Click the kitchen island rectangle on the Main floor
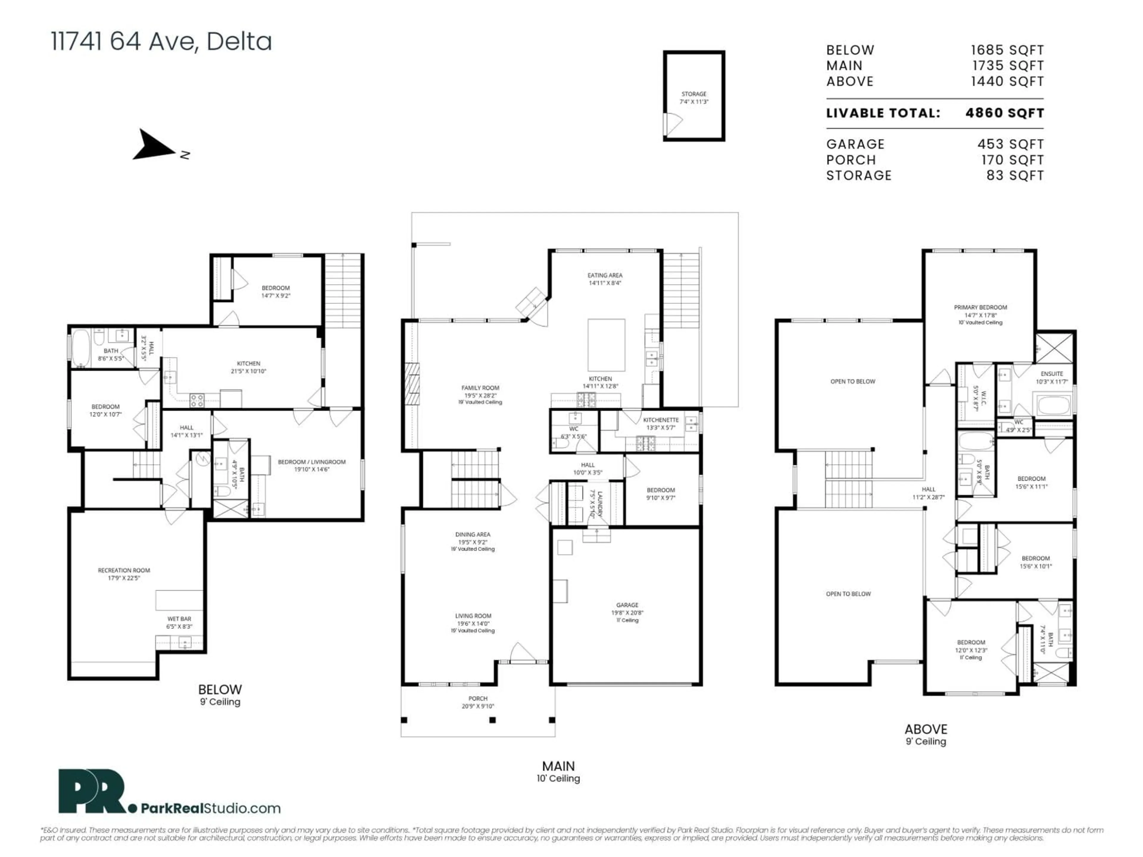(x=606, y=345)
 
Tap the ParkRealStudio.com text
(x=210, y=808)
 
